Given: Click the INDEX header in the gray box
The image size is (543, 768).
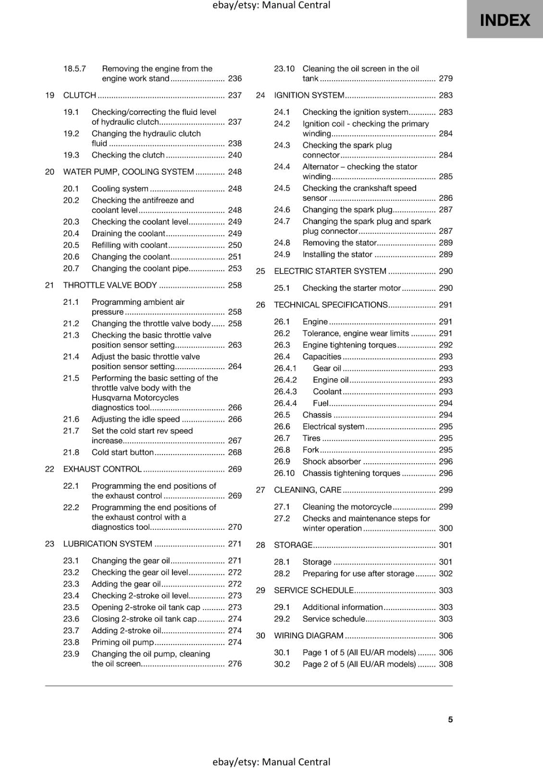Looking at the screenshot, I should pos(505,20).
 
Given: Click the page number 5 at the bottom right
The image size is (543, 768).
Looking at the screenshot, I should pos(450,720).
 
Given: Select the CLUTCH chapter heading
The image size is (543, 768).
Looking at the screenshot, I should pos(80,95).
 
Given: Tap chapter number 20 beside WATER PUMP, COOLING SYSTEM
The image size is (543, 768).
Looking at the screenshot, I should pos(49,172).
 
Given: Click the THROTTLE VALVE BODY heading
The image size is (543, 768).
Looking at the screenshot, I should pos(110,285).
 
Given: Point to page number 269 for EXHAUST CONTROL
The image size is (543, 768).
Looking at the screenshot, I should pos(234,469).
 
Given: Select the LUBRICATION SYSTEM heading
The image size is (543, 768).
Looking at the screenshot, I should pos(108,544).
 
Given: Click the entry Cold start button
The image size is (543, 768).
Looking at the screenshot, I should pos(123,452).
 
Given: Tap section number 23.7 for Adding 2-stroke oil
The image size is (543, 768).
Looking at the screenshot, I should pos(71,631).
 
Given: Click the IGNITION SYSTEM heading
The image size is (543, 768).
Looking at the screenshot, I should pos(309,95).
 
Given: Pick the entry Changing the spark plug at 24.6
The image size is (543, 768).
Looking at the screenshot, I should pos(347,210).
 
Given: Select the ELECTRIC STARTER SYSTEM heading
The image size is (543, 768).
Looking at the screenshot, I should pos(330,271).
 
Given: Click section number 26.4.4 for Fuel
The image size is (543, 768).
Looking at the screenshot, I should pos(285,403).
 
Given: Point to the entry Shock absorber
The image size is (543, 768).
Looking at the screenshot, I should pos(332,461).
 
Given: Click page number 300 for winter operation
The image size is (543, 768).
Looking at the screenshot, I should pos(445,528).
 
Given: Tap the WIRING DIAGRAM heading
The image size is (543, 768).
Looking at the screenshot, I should pos(309,636).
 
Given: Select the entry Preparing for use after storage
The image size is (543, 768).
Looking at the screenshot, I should pos(358,574).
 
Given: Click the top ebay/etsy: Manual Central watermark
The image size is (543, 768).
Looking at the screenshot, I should pos(271,5).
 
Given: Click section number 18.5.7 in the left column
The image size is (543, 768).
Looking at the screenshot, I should pos(74,69).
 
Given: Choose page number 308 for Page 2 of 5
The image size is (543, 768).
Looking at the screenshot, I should pos(445,664).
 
